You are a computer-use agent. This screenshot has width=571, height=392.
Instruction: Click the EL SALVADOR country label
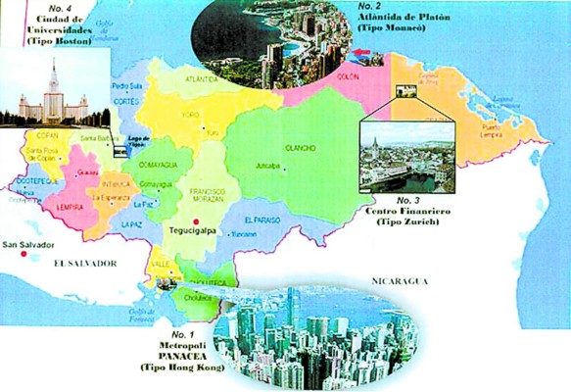[85, 264]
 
